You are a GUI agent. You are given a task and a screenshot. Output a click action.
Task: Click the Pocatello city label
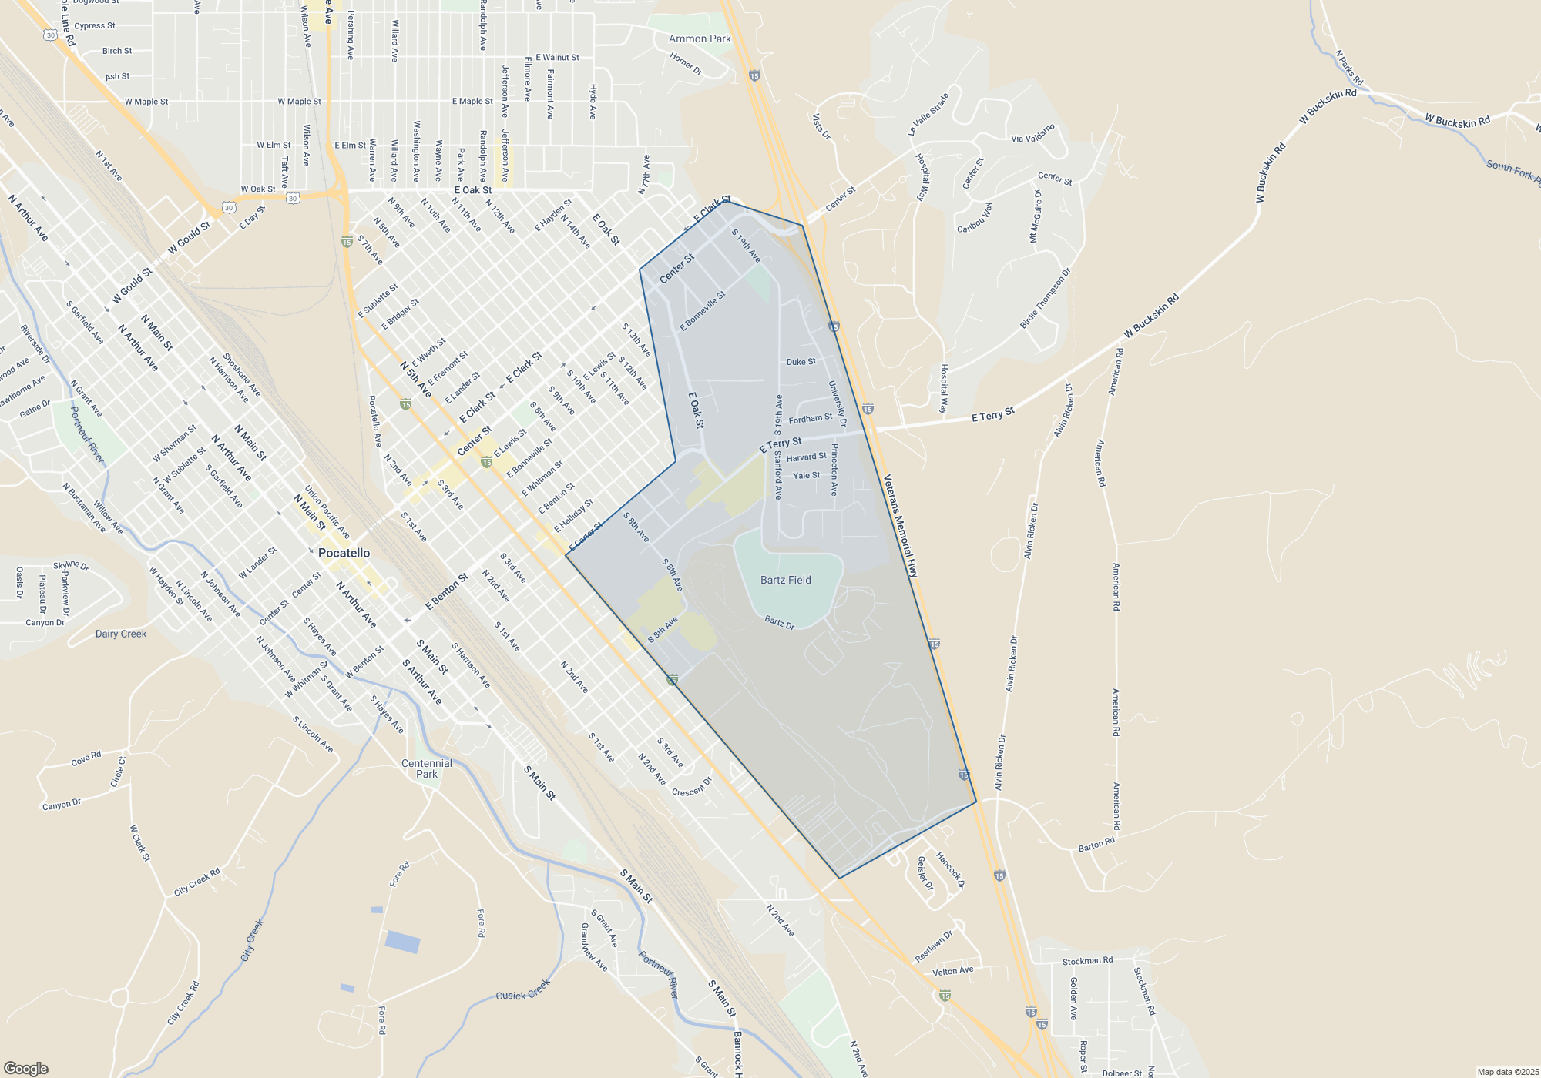click(344, 553)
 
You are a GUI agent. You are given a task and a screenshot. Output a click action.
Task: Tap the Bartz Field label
click(785, 580)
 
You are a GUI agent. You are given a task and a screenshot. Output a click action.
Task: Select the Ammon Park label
click(700, 38)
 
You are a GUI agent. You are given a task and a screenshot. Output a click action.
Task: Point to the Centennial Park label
click(427, 768)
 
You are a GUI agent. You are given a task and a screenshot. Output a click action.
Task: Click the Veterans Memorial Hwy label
click(901, 526)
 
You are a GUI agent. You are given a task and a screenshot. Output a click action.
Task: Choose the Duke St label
click(801, 362)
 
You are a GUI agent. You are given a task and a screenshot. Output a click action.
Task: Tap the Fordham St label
click(810, 419)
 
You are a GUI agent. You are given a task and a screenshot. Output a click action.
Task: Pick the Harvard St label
click(806, 457)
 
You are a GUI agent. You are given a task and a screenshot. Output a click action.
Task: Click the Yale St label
click(806, 476)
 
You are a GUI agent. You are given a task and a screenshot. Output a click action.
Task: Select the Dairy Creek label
click(121, 634)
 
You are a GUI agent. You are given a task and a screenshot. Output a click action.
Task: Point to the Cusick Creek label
click(523, 990)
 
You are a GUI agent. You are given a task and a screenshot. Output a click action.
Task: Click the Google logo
click(26, 1069)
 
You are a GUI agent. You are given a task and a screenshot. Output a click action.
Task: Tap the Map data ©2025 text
click(1507, 1072)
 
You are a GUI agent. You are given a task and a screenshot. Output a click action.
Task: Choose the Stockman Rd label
click(1087, 961)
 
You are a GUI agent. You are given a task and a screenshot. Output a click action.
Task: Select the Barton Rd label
click(1096, 845)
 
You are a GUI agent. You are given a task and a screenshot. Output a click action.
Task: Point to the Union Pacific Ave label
click(327, 512)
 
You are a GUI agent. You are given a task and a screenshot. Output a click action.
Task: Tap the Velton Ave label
click(952, 971)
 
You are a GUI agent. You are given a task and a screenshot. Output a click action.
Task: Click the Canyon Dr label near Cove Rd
click(62, 805)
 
